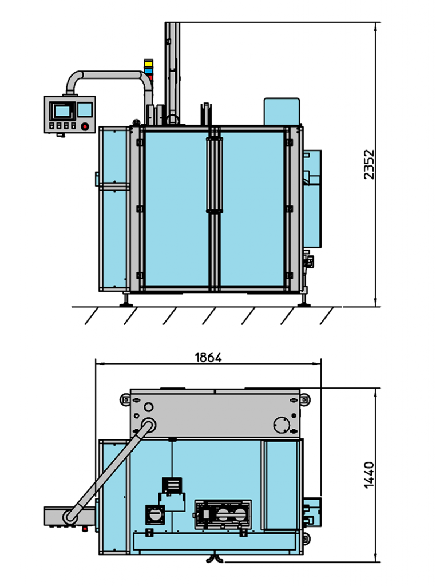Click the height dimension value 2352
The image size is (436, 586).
369,165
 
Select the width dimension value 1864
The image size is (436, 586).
208,358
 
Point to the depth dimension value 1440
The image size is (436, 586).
369,474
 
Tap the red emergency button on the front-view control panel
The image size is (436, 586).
85,126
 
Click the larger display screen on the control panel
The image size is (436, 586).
61,110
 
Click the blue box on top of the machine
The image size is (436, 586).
282,111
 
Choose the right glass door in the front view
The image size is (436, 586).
252,209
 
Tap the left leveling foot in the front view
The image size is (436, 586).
124,302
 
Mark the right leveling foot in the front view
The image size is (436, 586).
303,302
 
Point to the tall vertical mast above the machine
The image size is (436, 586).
172,69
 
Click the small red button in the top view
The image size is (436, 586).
85,528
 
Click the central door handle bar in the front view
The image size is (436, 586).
215,175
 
